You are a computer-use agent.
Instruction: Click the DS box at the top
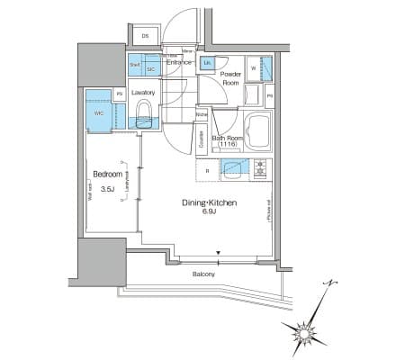[x=146, y=36]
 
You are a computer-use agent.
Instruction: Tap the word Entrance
[x=180, y=61]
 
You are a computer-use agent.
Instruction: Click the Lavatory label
[x=143, y=92]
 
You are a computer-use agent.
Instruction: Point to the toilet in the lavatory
[x=144, y=112]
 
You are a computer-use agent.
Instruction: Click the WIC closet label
[x=98, y=114]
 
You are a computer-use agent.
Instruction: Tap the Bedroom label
[x=107, y=176]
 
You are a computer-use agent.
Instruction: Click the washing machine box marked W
[x=254, y=68]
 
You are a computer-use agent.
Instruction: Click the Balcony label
[x=202, y=274]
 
